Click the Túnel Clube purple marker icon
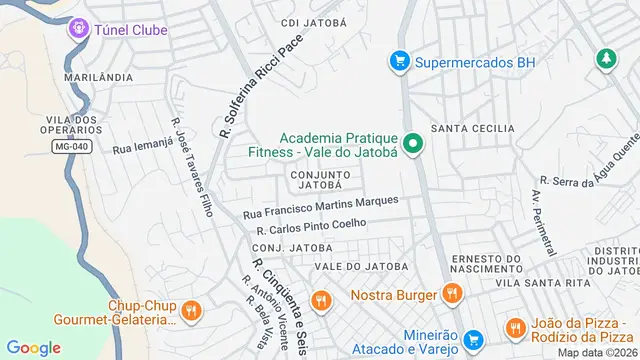pos(78,29)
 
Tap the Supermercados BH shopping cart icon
pos(400,61)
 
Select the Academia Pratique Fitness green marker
pos(412,144)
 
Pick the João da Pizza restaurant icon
pos(515,327)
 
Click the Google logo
pos(33,347)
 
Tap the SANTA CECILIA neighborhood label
pos(473,129)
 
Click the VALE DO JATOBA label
pos(361,266)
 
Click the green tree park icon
pos(604,60)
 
